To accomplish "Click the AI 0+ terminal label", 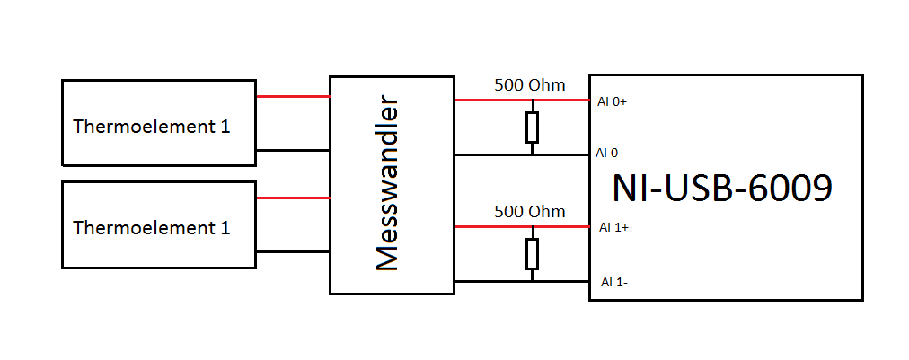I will tap(612, 102).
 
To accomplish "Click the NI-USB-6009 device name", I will tap(722, 189).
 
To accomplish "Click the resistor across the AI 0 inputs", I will tap(532, 127).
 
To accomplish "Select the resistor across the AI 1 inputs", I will tap(532, 254).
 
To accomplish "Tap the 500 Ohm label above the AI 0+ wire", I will tap(530, 85).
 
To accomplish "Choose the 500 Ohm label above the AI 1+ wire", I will tap(530, 212).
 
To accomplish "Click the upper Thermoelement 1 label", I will tap(152, 127).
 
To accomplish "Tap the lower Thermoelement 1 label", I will tap(152, 228).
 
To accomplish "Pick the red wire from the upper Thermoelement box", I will tap(293, 96).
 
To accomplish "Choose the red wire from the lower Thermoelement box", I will tap(293, 198).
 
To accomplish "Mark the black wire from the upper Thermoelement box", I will tap(293, 150).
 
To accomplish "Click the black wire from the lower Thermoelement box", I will tap(293, 251).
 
